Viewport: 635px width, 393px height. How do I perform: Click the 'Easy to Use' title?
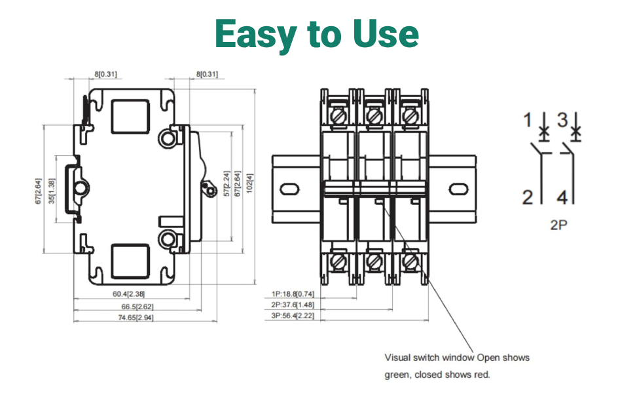pyautogui.click(x=317, y=34)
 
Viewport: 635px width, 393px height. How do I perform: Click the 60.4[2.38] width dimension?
pyautogui.click(x=128, y=293)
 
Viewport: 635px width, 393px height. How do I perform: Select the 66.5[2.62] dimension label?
pyautogui.click(x=137, y=307)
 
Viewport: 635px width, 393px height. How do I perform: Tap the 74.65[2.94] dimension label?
pyautogui.click(x=136, y=318)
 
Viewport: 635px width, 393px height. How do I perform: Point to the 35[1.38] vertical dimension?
pyautogui.click(x=52, y=191)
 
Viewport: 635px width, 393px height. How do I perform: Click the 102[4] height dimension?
pyautogui.click(x=250, y=183)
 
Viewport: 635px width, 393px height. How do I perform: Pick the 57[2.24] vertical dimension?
pyautogui.click(x=227, y=183)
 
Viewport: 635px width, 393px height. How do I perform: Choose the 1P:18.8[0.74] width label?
pyautogui.click(x=293, y=293)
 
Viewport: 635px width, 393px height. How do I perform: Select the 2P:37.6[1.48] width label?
pyautogui.click(x=293, y=305)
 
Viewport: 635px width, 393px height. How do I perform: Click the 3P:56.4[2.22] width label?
pyautogui.click(x=293, y=316)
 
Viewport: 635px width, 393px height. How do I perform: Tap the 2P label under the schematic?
pyautogui.click(x=558, y=225)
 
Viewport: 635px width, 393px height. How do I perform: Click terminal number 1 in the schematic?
pyautogui.click(x=527, y=120)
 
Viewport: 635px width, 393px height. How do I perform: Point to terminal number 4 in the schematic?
pyautogui.click(x=562, y=197)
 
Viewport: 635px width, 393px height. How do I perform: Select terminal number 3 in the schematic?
pyautogui.click(x=562, y=120)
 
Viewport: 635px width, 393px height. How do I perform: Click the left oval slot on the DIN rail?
pyautogui.click(x=289, y=189)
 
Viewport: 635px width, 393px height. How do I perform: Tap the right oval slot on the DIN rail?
pyautogui.click(x=459, y=189)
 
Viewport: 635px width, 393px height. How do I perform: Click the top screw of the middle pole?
pyautogui.click(x=374, y=117)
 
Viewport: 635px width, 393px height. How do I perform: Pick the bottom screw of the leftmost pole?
pyautogui.click(x=338, y=261)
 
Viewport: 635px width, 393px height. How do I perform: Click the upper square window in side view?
pyautogui.click(x=130, y=117)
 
